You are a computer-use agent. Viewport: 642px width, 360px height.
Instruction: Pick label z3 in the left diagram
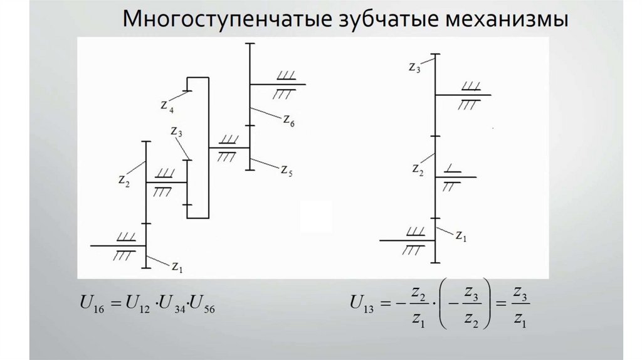176,132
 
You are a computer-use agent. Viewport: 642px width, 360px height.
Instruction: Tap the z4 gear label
167,107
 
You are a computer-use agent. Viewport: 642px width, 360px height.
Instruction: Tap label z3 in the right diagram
414,66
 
